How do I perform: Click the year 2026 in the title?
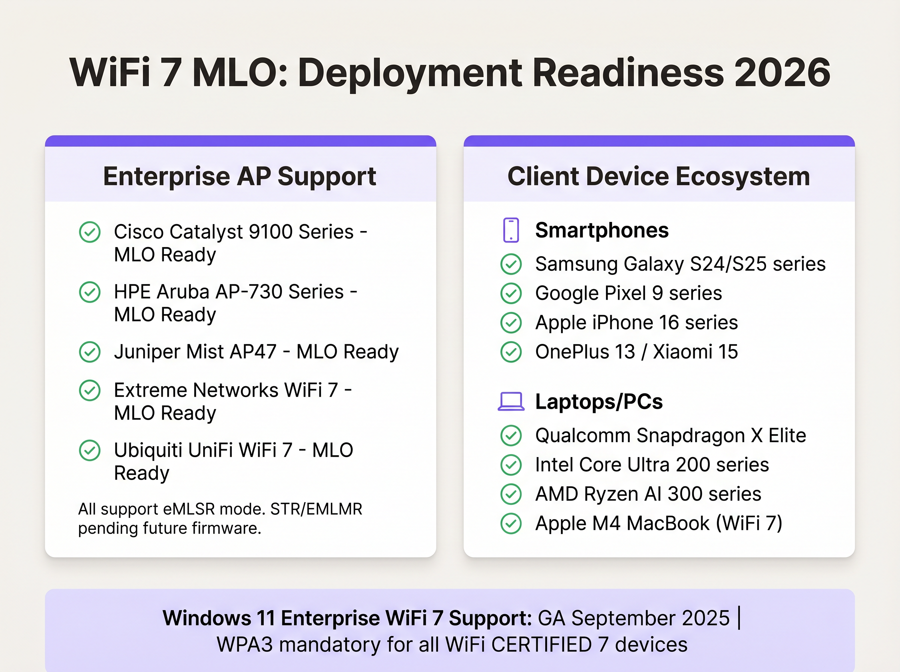[782, 73]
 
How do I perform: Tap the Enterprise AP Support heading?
[240, 177]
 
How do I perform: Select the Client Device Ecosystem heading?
[658, 177]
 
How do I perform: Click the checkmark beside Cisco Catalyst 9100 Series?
[90, 232]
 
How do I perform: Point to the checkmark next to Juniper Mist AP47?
[90, 352]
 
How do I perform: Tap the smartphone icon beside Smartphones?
[511, 230]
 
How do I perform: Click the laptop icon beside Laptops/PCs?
[511, 402]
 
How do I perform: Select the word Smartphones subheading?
[601, 230]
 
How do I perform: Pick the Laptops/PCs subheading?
[598, 402]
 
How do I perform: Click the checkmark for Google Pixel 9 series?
[511, 293]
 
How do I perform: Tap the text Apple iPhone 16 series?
[636, 322]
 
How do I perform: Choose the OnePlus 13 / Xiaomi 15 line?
[636, 352]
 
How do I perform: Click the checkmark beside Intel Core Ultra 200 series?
[511, 465]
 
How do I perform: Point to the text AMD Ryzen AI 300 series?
[648, 494]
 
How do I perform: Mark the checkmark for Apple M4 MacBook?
[511, 523]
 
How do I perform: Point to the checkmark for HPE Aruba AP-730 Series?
[90, 292]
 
